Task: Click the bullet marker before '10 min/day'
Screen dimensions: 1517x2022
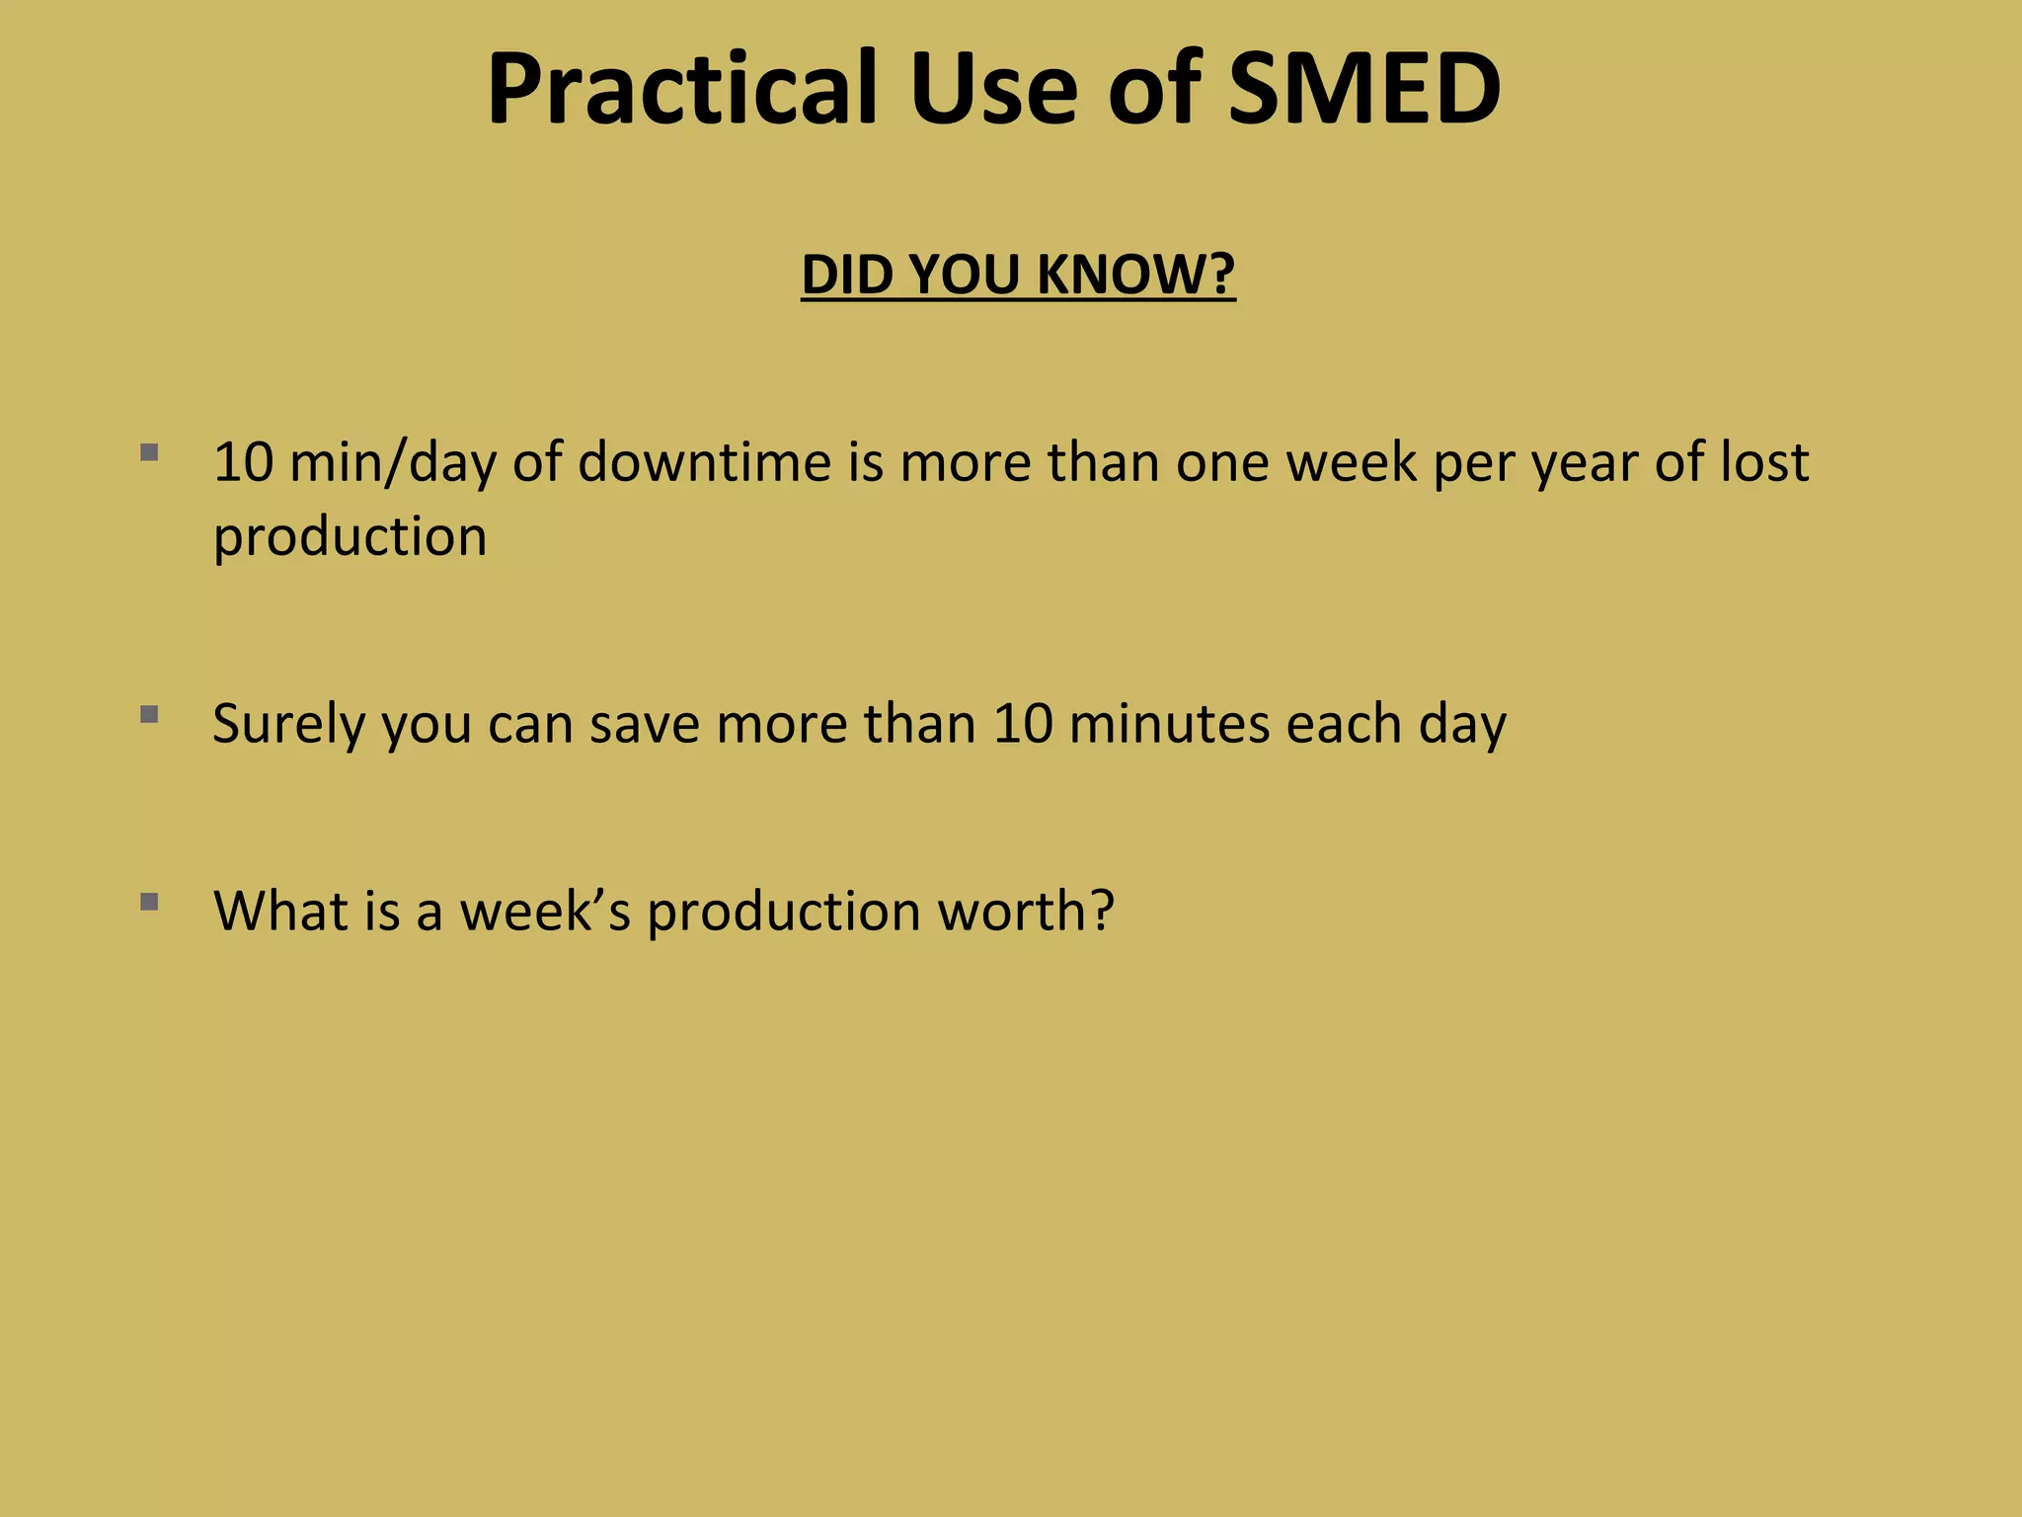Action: [x=149, y=453]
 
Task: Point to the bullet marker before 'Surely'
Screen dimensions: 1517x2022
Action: [x=149, y=714]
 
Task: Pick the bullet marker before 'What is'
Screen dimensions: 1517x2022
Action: [x=149, y=901]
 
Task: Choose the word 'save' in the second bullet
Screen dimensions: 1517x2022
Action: [x=644, y=724]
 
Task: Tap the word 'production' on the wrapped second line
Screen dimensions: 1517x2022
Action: [x=350, y=537]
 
